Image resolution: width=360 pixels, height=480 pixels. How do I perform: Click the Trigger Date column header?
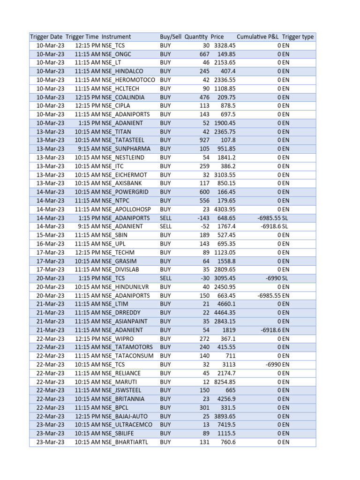pyautogui.click(x=46, y=37)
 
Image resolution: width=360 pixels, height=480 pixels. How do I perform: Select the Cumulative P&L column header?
pyautogui.click(x=258, y=37)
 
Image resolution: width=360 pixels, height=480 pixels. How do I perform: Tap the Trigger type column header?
pyautogui.click(x=298, y=37)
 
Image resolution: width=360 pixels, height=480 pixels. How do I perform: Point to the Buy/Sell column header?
pyautogui.click(x=170, y=37)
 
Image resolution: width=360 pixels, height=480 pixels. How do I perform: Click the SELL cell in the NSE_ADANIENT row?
pyautogui.click(x=166, y=226)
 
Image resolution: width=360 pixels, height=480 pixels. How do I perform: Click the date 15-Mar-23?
pyautogui.click(x=50, y=235)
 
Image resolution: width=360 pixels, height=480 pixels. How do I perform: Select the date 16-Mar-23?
pyautogui.click(x=50, y=244)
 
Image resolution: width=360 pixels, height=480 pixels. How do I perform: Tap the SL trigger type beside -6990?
pyautogui.click(x=285, y=278)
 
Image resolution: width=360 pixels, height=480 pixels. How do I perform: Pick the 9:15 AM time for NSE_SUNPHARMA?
pyautogui.click(x=88, y=149)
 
